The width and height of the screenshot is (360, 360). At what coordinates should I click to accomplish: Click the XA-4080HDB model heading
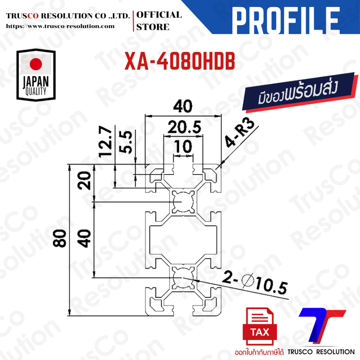click(180, 61)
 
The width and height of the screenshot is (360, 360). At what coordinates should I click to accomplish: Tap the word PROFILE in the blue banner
click(286, 21)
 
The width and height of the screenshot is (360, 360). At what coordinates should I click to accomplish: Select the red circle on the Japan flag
click(36, 64)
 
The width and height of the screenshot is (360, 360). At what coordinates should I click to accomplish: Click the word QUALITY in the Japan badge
click(36, 91)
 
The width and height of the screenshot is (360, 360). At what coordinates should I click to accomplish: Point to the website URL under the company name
click(60, 26)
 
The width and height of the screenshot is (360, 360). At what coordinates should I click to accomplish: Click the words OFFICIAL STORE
click(159, 21)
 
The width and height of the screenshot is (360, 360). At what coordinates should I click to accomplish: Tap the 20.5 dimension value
click(184, 127)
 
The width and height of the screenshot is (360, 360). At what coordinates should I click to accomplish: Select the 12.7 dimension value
click(105, 142)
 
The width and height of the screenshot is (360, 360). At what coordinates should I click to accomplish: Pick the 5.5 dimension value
click(126, 142)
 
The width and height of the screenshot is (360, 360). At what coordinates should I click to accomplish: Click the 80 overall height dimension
click(59, 238)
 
